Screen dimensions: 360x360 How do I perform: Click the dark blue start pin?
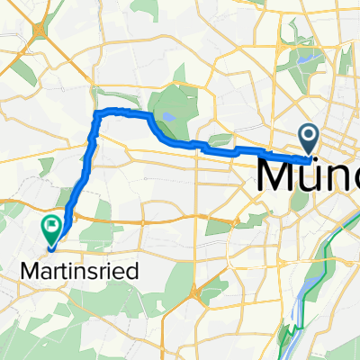pyautogui.click(x=310, y=139)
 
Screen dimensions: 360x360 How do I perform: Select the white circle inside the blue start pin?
pyautogui.click(x=310, y=136)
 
